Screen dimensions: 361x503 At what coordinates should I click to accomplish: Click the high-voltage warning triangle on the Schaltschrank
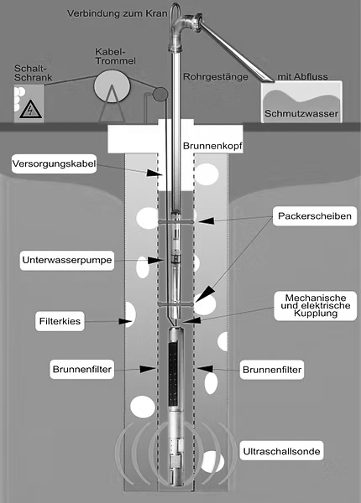click(30, 109)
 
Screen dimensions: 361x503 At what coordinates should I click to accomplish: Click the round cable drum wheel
click(112, 86)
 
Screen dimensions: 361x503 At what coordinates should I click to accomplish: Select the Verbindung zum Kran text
click(118, 13)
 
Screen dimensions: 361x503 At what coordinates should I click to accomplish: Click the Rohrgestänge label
click(216, 77)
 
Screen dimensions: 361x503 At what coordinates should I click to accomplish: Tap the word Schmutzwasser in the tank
click(301, 113)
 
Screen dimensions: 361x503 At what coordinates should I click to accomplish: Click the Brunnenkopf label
click(212, 146)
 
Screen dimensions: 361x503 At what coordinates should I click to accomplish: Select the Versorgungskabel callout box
click(54, 164)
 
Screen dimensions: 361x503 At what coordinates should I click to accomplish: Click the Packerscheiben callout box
click(315, 216)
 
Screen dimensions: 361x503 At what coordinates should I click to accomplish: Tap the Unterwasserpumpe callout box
click(67, 260)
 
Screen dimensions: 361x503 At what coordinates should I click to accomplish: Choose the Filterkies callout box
click(60, 321)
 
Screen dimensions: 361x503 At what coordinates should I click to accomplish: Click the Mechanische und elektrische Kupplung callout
click(316, 306)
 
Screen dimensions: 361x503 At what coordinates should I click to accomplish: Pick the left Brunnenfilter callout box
click(82, 369)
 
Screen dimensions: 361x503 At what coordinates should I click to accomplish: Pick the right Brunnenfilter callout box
click(272, 370)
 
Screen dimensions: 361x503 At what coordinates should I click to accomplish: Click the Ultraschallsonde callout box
click(281, 451)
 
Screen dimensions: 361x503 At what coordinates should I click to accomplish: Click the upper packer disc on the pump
click(176, 221)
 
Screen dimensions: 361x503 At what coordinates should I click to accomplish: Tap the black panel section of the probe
click(173, 374)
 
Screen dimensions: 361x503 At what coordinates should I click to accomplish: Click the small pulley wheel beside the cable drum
click(160, 93)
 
